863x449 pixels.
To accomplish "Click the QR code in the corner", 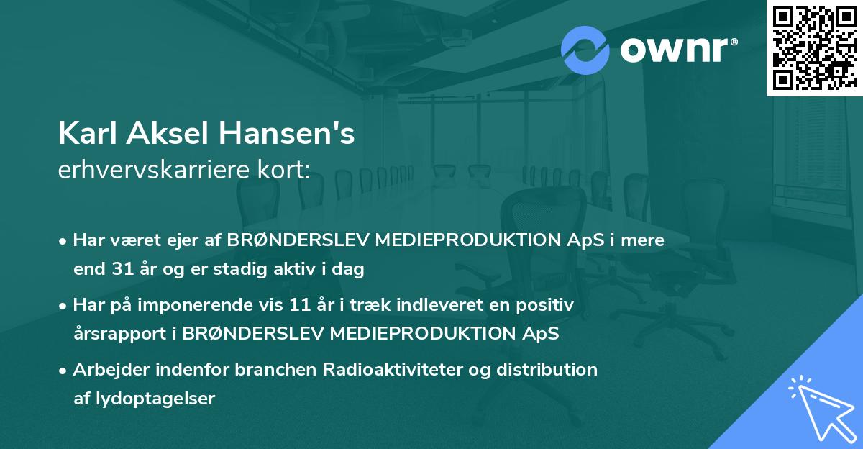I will pyautogui.click(x=814, y=48).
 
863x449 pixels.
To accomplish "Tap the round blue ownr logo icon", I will pyautogui.click(x=585, y=50).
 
